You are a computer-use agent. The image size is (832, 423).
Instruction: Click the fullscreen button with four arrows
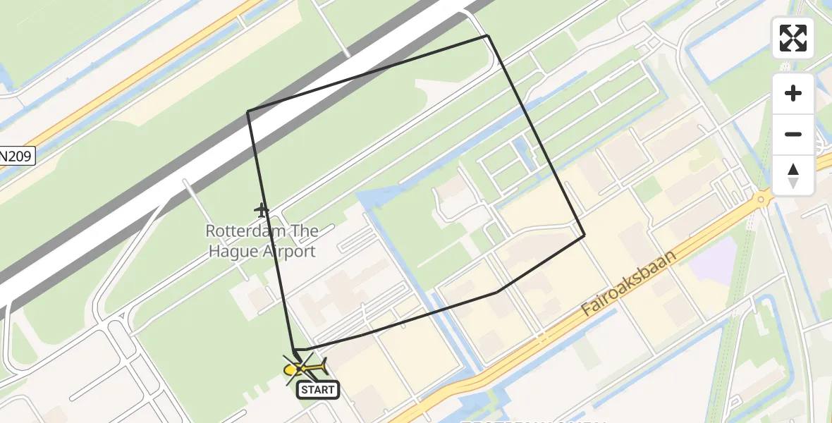pos(793,38)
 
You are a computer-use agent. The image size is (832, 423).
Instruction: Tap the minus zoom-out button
pos(793,134)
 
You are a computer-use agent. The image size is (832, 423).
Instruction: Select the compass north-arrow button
pos(793,175)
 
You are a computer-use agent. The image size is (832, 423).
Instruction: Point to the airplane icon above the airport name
pos(262,210)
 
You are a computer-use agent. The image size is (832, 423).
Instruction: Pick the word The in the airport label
pos(302,231)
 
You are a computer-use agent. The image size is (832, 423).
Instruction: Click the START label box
pos(318,389)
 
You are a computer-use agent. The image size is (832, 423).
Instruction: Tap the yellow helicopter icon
pos(303,368)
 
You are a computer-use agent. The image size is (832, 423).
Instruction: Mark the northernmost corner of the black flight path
pos(488,36)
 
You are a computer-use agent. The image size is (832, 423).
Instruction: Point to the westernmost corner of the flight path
pos(247,111)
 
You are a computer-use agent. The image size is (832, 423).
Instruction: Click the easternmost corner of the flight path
pos(584,235)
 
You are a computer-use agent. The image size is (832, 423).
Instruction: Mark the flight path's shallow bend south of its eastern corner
pos(498,291)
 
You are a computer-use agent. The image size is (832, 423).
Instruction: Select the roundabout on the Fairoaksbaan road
pos(760,200)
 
